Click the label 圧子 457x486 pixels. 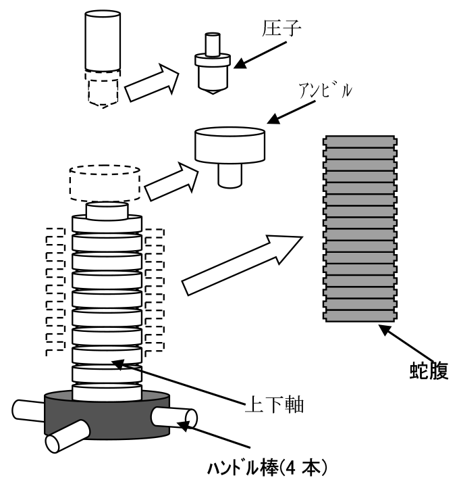[x=278, y=29]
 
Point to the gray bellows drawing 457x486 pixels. [x=360, y=227]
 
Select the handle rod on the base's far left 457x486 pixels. [x=28, y=409]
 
